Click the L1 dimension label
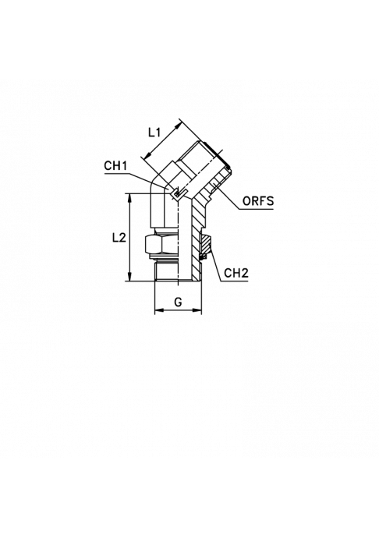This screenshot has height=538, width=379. tap(154, 132)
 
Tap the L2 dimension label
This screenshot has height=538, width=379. tap(119, 237)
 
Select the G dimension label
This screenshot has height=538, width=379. tap(178, 303)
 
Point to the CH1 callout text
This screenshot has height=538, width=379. tap(115, 166)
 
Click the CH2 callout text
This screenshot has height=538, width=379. tap(236, 273)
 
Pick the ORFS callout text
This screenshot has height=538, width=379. tap(258, 200)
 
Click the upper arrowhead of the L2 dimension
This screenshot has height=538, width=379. tap(129, 198)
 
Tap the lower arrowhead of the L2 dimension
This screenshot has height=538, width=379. tap(129, 278)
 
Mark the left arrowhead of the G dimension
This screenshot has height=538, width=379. tap(159, 310)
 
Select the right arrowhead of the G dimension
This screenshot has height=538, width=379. tap(197, 310)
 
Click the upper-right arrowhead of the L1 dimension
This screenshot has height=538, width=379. tap(178, 126)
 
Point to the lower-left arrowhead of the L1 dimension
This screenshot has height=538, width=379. tap(147, 156)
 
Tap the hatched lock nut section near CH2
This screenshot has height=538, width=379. tap(205, 244)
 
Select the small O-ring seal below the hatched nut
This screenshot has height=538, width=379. tap(204, 257)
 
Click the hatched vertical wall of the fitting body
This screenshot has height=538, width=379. tap(196, 240)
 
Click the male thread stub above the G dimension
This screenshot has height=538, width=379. tap(167, 271)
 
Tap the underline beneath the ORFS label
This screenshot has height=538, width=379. tap(257, 209)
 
